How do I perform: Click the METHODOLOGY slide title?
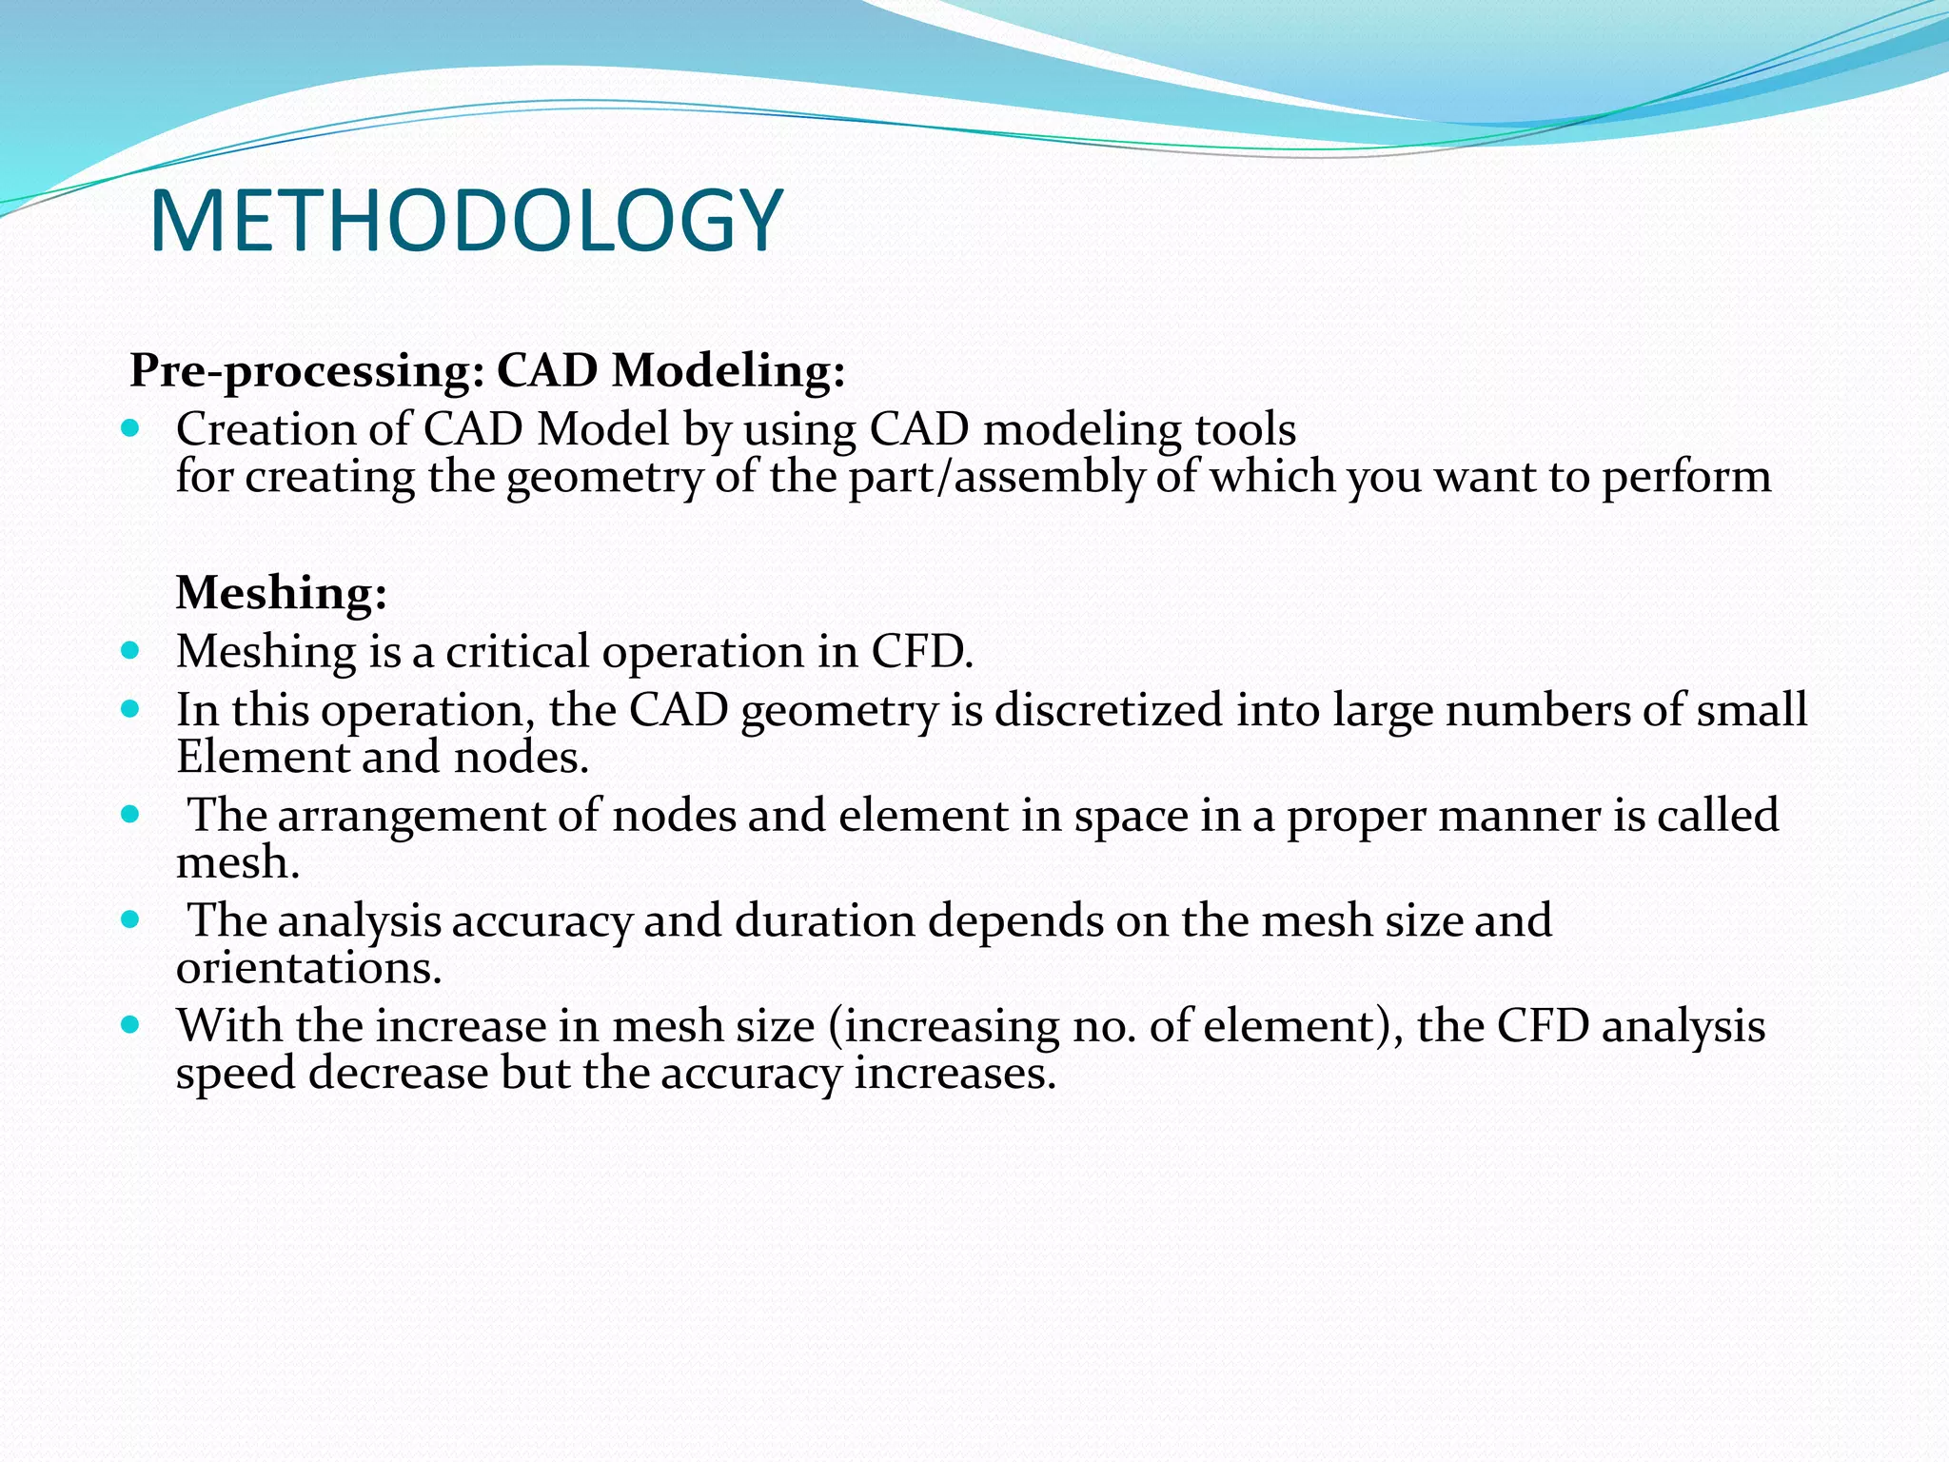point(465,222)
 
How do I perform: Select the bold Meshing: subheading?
point(282,593)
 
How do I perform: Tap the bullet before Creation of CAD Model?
point(131,427)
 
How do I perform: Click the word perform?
point(1685,478)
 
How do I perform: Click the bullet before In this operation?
point(131,709)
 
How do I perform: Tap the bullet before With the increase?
point(131,1025)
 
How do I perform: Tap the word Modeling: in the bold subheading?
point(728,370)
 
